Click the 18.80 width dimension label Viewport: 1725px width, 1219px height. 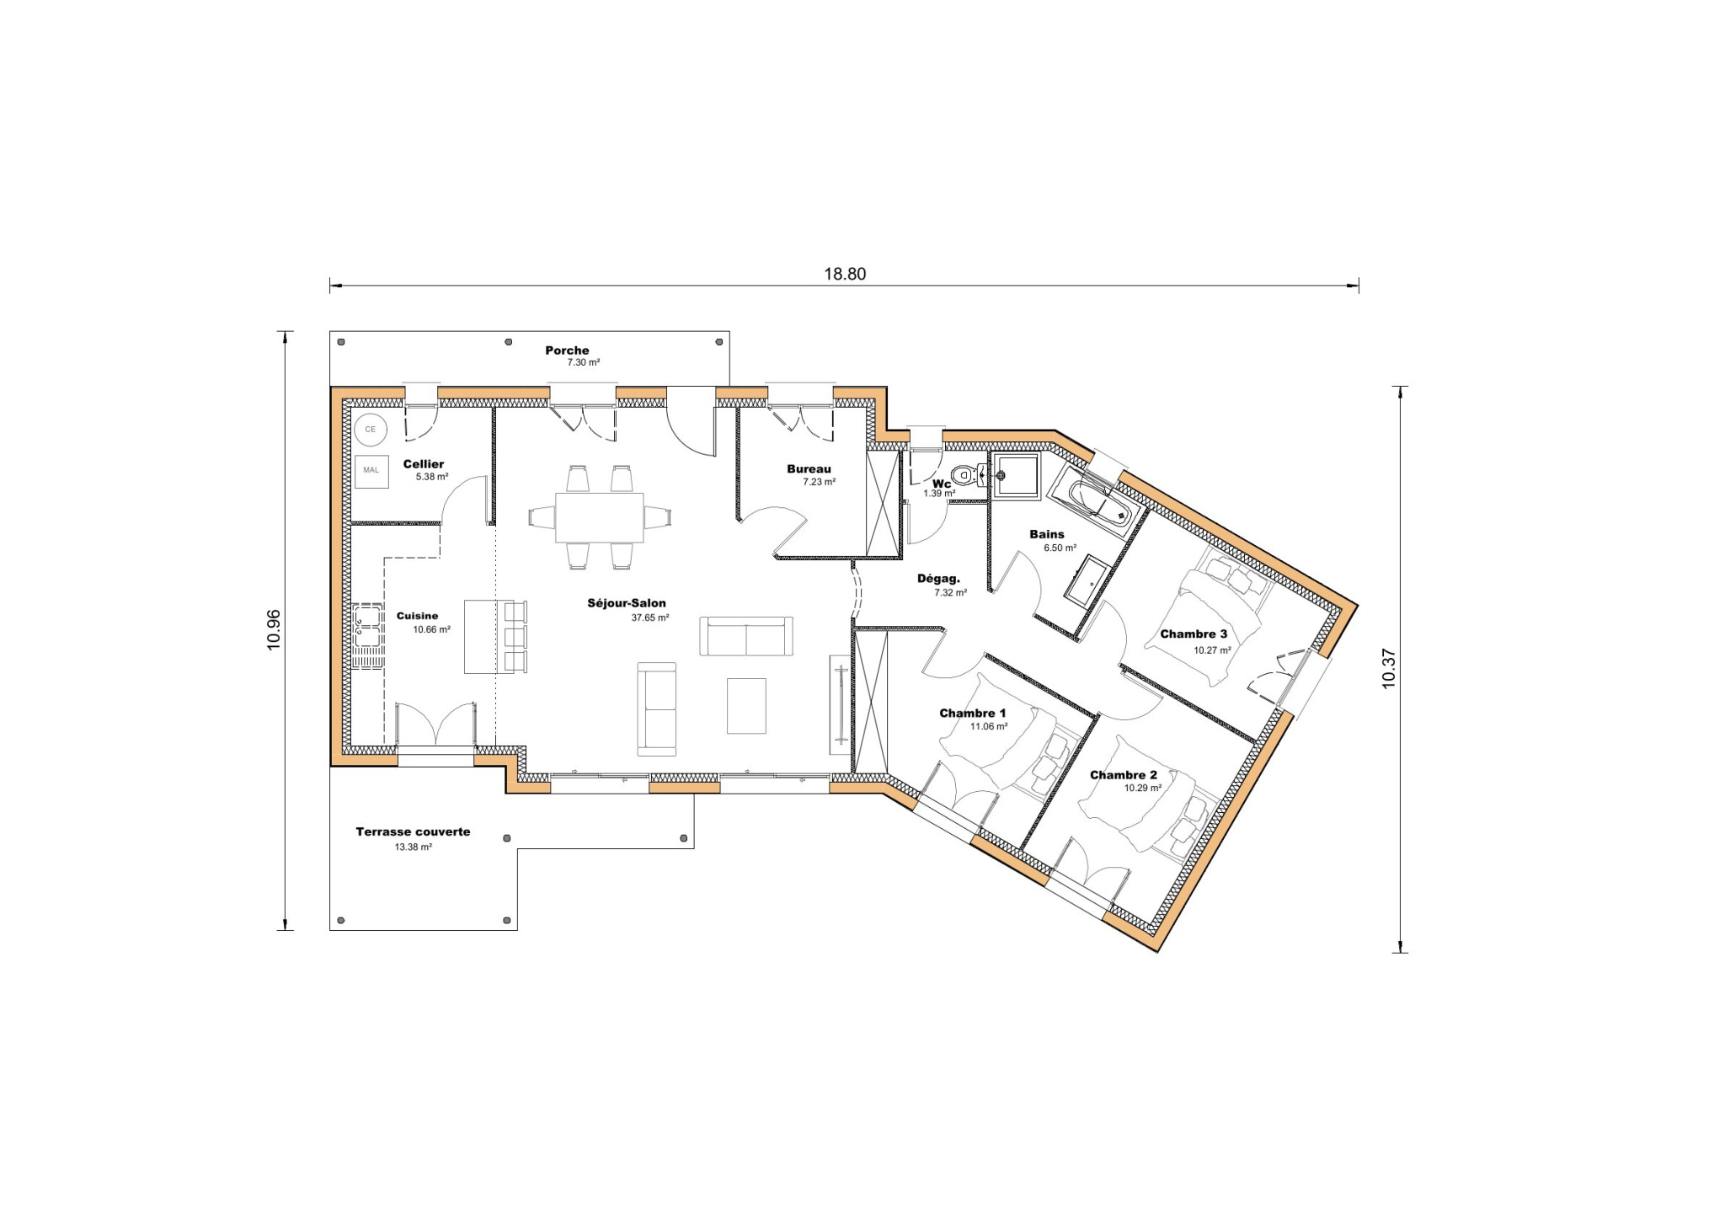click(x=844, y=274)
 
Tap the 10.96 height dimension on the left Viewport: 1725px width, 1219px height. click(x=274, y=629)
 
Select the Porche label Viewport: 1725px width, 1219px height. click(x=567, y=350)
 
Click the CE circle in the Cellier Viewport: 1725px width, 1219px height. click(x=370, y=430)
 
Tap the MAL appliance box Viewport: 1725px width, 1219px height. click(x=371, y=471)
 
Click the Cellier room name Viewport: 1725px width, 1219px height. click(x=423, y=464)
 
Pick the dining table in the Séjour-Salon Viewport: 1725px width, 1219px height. click(x=599, y=517)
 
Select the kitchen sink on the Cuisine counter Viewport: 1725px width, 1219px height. click(x=367, y=636)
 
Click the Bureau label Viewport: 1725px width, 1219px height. click(x=809, y=469)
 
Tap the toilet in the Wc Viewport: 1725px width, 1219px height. click(x=965, y=475)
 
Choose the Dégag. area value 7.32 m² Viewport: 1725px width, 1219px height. click(x=950, y=593)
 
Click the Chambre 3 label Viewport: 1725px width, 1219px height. click(x=1194, y=634)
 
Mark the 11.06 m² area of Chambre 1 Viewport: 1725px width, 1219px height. click(x=988, y=726)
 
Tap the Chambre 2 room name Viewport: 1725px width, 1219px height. click(x=1123, y=775)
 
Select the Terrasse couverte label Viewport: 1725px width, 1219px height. click(x=413, y=831)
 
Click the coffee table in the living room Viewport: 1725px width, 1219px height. click(x=746, y=706)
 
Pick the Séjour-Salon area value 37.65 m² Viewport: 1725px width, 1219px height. click(x=649, y=618)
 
